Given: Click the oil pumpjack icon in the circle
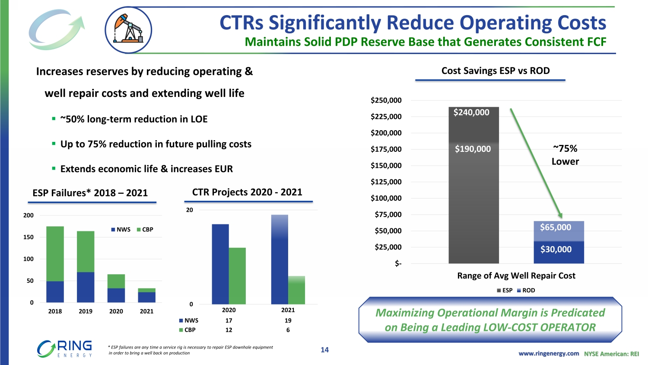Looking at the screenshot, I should point(128,30).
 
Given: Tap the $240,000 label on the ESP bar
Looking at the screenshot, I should point(471,112).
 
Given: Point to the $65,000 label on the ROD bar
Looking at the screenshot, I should point(556,227).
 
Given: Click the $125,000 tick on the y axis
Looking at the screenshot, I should point(386,182).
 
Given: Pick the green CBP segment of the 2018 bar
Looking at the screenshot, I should point(55,253).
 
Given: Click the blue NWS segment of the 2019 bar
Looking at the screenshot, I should point(86,287).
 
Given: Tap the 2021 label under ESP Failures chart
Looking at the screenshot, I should point(146,311).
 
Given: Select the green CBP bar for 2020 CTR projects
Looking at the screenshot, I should point(237,276).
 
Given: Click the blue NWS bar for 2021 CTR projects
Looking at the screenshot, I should point(280,259).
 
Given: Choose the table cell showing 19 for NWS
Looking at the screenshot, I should point(288,320).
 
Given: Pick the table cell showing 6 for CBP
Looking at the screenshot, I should point(288,330).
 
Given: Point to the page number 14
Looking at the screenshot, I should point(324,350).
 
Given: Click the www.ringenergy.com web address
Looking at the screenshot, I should point(549,353).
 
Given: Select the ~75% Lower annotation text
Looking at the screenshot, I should point(565,155).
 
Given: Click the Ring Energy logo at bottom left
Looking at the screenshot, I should point(65,349).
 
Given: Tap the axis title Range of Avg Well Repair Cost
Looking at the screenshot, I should point(516,276).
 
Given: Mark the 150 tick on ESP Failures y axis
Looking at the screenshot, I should point(28,237).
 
